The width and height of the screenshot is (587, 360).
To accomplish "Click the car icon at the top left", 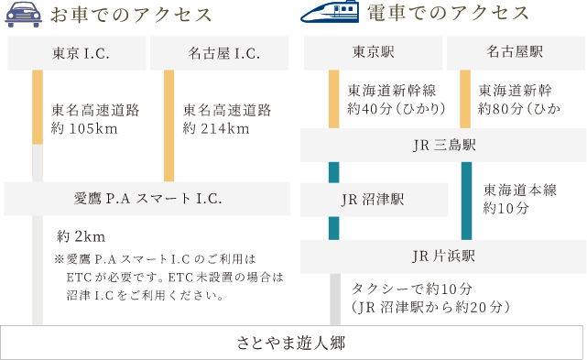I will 25,16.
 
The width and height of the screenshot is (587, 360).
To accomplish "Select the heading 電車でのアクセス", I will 448,14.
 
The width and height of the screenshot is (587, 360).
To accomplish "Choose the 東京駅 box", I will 371,52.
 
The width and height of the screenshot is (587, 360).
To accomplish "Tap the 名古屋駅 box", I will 516,52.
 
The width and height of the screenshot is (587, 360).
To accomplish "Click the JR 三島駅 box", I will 443,146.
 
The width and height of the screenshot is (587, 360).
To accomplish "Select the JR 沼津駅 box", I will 374,200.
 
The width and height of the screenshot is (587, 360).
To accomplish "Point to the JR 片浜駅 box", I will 443,256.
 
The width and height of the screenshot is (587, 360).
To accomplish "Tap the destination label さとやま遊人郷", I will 293,343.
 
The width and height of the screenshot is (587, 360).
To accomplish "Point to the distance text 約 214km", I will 216,127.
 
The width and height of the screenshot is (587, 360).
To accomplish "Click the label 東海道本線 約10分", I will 518,199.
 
